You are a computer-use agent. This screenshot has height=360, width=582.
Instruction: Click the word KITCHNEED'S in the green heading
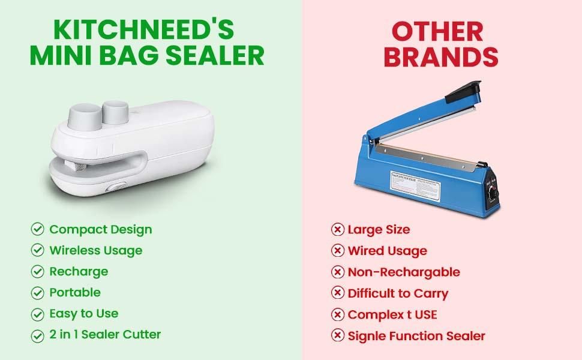point(144,29)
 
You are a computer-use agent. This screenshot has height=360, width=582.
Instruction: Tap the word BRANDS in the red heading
point(441,57)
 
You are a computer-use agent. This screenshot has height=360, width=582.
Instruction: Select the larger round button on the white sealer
point(85,116)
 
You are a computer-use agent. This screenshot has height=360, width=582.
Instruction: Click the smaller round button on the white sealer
point(115,112)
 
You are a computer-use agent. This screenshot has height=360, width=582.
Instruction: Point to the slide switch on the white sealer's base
point(116,187)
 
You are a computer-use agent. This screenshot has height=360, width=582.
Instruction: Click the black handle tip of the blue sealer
point(463,91)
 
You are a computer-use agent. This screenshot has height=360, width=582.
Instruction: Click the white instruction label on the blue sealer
point(415,186)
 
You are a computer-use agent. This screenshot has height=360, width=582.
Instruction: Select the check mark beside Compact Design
point(37,229)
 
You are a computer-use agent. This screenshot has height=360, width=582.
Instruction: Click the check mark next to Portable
point(37,293)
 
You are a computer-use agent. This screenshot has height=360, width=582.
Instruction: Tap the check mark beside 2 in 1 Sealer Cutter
point(37,336)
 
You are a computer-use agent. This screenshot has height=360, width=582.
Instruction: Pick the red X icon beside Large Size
point(337,229)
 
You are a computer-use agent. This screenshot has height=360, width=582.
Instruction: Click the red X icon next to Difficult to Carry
point(337,293)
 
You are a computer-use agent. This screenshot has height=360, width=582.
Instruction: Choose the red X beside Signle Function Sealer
point(337,335)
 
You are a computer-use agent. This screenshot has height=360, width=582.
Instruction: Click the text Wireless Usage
point(96,251)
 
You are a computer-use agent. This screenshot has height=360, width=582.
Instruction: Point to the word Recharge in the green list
point(79,272)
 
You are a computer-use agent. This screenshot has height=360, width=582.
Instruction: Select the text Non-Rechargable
point(404,272)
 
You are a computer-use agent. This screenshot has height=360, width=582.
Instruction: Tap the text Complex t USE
point(392,315)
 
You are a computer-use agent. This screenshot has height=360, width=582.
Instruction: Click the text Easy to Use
point(84,314)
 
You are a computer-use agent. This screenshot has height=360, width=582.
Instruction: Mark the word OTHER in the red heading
point(437,32)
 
